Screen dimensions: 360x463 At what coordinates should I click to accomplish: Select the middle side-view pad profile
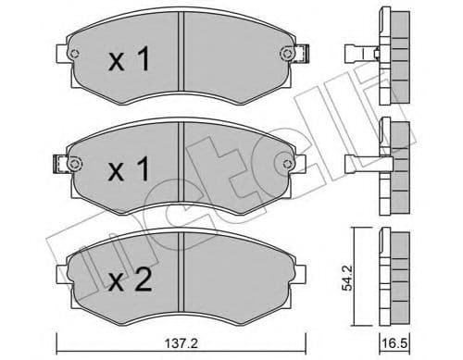click(x=394, y=165)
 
